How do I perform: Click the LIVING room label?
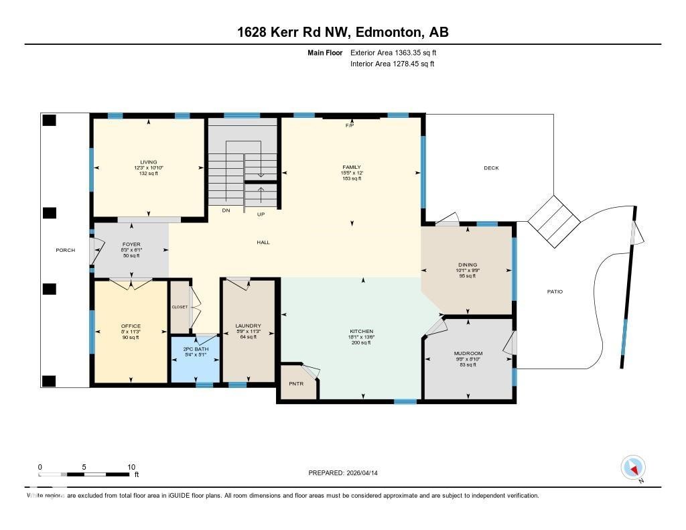[148, 162]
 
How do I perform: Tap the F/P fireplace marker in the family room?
[349, 126]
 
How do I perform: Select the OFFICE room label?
[130, 326]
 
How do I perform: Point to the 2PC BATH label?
[195, 349]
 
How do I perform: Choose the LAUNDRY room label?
[248, 326]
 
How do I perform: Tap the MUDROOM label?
[468, 353]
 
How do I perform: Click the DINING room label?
[467, 265]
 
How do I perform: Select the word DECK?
[491, 168]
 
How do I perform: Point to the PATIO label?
[554, 291]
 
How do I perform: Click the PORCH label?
[65, 251]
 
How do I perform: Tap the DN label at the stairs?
[226, 210]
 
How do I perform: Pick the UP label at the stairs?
[262, 214]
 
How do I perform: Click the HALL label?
[263, 242]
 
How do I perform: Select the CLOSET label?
[180, 307]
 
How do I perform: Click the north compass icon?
[633, 467]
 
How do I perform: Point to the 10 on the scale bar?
[131, 467]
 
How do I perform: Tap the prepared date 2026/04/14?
[367, 473]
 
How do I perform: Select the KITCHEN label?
[362, 332]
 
